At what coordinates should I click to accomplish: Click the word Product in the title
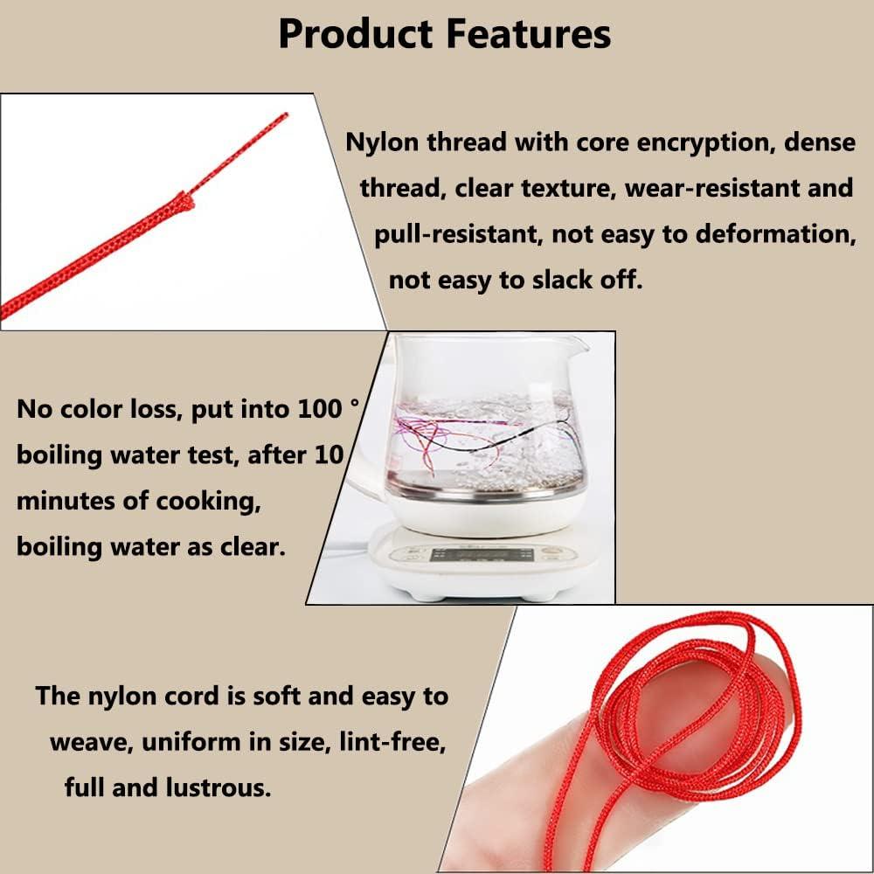point(355,35)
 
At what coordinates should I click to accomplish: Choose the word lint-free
point(391,742)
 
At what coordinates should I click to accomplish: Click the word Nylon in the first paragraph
point(382,142)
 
